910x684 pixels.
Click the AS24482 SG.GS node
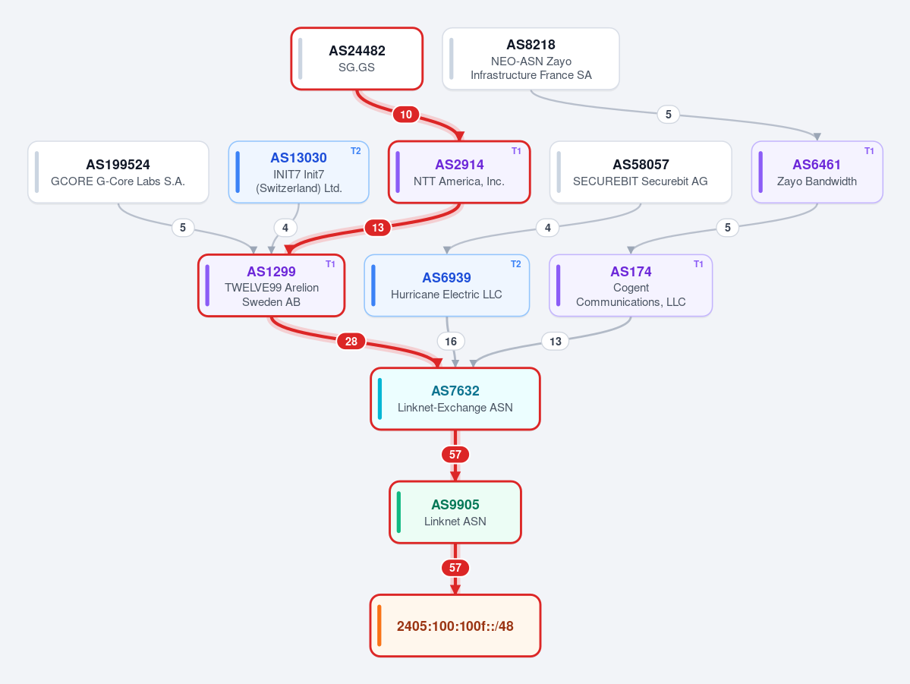coord(357,58)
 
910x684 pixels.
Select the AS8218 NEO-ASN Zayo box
coord(531,58)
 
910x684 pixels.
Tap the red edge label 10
coord(406,115)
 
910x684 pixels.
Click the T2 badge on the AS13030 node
coord(356,151)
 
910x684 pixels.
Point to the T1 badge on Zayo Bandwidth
coord(869,151)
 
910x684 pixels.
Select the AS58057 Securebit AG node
coord(640,172)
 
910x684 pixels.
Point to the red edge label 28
coord(351,342)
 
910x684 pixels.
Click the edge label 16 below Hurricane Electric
coord(451,342)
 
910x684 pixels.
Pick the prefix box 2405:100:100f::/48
coord(455,626)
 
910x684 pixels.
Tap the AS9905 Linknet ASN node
coord(455,512)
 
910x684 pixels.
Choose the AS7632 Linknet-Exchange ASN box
coord(455,399)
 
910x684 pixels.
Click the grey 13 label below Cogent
coord(556,342)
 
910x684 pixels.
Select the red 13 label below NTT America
coord(378,228)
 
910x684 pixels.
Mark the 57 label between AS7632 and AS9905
coord(455,455)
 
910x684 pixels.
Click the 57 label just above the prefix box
coord(455,568)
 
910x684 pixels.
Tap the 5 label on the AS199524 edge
coord(183,228)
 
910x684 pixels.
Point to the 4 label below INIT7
coord(285,228)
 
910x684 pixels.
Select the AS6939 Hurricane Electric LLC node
coord(446,285)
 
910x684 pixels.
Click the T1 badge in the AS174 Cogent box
coord(698,264)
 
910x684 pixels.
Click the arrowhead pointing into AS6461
coord(817,137)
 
